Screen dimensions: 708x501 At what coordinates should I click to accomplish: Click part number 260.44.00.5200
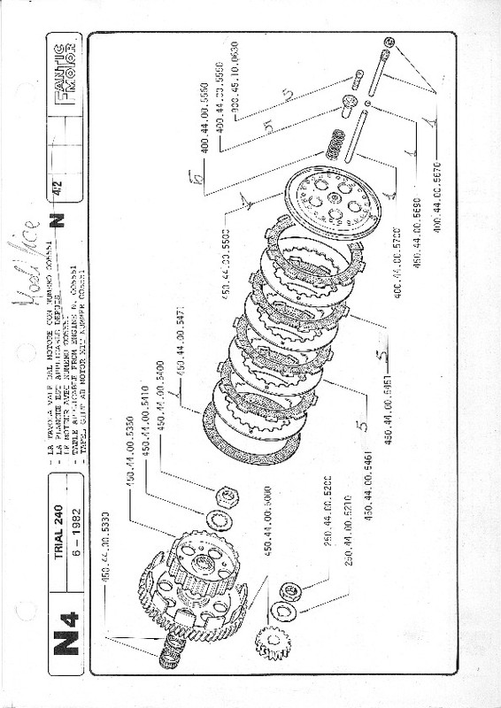coord(329,500)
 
